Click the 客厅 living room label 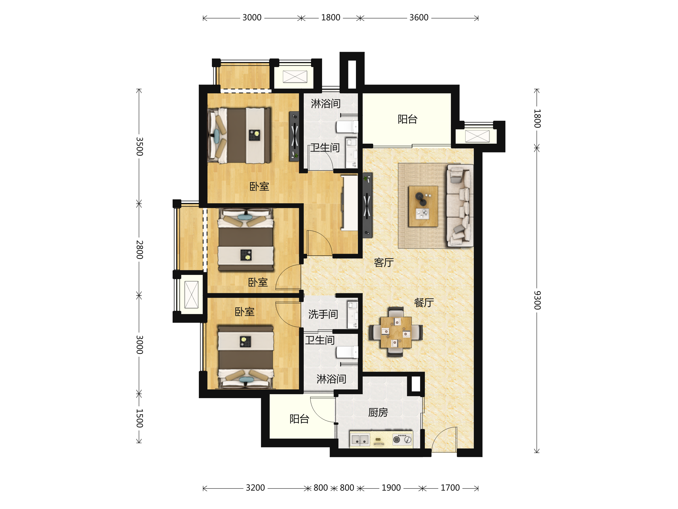point(384,263)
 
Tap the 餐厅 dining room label point(424,303)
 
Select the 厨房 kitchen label point(378,412)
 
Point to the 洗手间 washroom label point(323,314)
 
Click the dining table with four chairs point(396,332)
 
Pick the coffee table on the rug point(423,206)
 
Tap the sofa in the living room point(460,206)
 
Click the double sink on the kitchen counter point(360,440)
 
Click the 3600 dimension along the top point(419,18)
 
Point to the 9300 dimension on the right point(537,300)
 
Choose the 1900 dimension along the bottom point(391,488)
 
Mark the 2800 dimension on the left point(140,249)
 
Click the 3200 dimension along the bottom point(255,488)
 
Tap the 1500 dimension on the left point(140,418)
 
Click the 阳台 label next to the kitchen point(299,419)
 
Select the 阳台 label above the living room point(407,119)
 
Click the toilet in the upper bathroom point(347,126)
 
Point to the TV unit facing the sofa point(367,205)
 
